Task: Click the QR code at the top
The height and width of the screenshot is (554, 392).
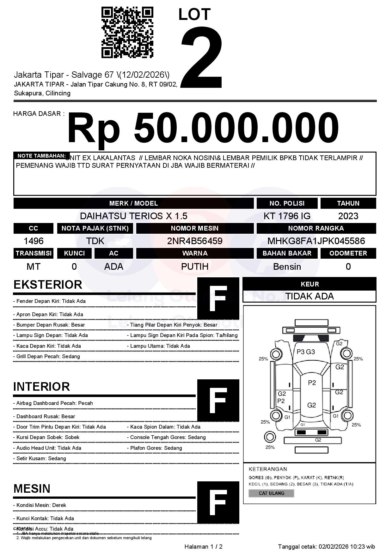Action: click(x=127, y=33)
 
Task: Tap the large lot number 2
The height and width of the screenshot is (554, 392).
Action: click(x=201, y=57)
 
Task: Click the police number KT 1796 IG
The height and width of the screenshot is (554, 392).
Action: click(x=287, y=216)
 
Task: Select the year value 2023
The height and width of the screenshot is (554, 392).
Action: click(x=348, y=216)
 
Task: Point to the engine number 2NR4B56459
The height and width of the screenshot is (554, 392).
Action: click(x=195, y=241)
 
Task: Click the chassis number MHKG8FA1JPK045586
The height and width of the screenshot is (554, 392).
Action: click(x=316, y=241)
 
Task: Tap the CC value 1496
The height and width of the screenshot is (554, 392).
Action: click(x=34, y=241)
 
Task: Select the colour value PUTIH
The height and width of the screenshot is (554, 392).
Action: click(x=195, y=267)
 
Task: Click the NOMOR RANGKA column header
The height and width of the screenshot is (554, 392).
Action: click(x=316, y=228)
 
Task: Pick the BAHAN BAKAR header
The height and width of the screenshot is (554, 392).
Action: click(x=287, y=253)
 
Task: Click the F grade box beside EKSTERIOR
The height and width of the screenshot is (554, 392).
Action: click(x=218, y=298)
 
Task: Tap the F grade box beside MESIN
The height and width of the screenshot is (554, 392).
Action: click(x=218, y=502)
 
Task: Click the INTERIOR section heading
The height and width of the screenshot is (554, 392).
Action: click(x=41, y=387)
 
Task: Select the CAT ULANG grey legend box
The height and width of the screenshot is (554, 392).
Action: click(x=271, y=493)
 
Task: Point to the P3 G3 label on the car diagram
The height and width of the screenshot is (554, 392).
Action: click(x=306, y=352)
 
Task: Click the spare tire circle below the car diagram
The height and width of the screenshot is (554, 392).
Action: click(x=270, y=437)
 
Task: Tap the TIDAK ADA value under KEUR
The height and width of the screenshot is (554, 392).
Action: click(x=309, y=296)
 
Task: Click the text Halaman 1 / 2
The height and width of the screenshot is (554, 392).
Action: click(x=203, y=546)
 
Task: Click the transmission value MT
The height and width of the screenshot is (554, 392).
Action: click(x=34, y=267)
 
